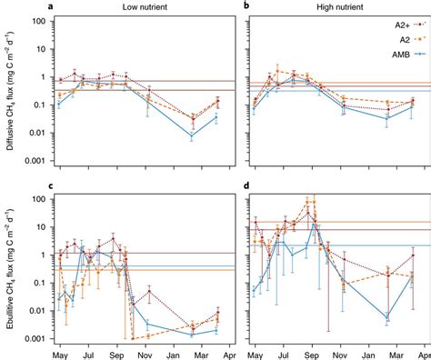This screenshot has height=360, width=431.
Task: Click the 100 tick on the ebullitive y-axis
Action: click(x=36, y=198)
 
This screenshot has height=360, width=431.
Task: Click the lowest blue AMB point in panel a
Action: click(x=191, y=135)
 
